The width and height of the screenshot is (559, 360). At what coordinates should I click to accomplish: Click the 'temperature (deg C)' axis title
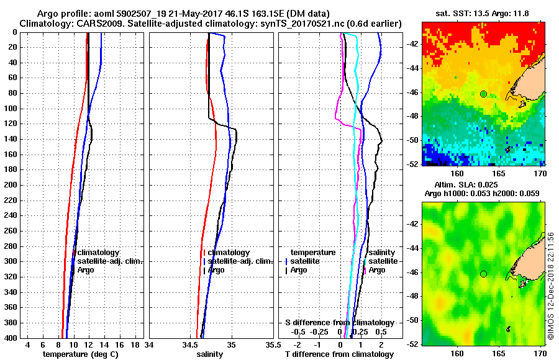pyautogui.click(x=80, y=354)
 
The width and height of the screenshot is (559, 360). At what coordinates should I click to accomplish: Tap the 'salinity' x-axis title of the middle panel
pyautogui.click(x=210, y=354)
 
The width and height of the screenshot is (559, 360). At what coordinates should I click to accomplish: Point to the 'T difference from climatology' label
pyautogui.click(x=339, y=354)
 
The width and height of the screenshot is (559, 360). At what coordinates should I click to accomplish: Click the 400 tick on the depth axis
pyautogui.click(x=11, y=338)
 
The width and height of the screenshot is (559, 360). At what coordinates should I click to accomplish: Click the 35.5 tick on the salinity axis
pyautogui.click(x=270, y=344)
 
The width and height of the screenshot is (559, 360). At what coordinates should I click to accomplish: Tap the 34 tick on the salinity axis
pyautogui.click(x=149, y=344)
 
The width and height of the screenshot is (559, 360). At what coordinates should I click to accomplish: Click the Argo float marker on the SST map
pyautogui.click(x=483, y=94)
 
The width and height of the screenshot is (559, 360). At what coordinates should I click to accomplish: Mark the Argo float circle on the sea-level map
pyautogui.click(x=483, y=274)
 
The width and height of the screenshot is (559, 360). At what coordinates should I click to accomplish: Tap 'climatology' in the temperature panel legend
pyautogui.click(x=102, y=253)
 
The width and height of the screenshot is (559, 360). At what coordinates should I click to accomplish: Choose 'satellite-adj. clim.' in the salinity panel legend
pyautogui.click(x=240, y=261)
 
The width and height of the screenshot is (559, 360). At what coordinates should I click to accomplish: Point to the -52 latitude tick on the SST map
pyautogui.click(x=413, y=164)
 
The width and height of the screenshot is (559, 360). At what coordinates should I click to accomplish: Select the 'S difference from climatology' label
pyautogui.click(x=339, y=323)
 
